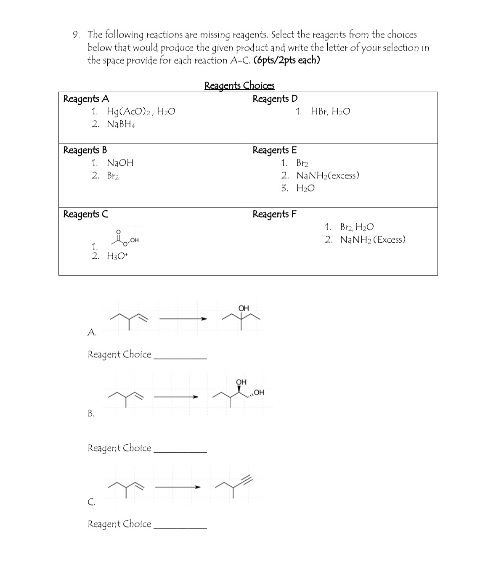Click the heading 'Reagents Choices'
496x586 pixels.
tap(239, 85)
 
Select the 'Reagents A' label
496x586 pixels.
tap(86, 99)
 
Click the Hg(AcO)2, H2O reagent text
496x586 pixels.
tap(141, 111)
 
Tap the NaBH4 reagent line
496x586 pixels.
tap(121, 124)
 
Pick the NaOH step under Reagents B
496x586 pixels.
tap(120, 163)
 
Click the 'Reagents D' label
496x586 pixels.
tap(275, 99)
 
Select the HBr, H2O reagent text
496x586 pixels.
tap(330, 111)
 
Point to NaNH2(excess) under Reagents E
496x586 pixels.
tap(328, 175)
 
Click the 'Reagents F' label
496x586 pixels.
tap(274, 214)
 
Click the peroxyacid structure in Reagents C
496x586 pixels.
tap(125, 239)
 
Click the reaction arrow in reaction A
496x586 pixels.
tap(183, 319)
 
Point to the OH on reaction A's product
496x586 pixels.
tap(244, 308)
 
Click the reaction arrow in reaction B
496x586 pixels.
tap(176, 397)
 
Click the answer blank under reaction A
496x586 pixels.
tap(180, 358)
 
